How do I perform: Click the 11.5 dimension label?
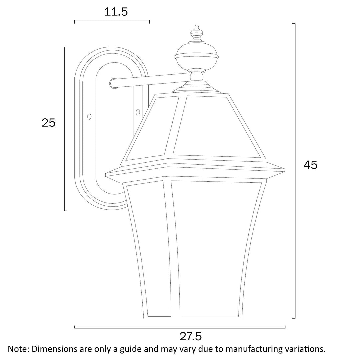(x=116, y=12)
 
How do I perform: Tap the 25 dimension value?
(x=48, y=123)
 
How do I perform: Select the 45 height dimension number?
(x=310, y=165)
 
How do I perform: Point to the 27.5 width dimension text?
(x=191, y=336)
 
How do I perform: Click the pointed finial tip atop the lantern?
(x=197, y=25)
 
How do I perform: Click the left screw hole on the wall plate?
(x=89, y=116)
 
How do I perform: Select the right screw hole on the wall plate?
(x=138, y=112)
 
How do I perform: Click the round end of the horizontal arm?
(x=113, y=83)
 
